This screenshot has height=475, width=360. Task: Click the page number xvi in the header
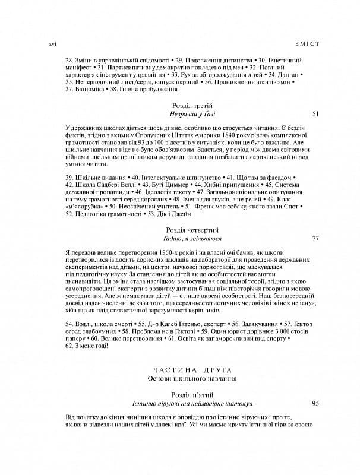click(51, 44)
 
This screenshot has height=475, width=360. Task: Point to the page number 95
click(315, 403)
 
